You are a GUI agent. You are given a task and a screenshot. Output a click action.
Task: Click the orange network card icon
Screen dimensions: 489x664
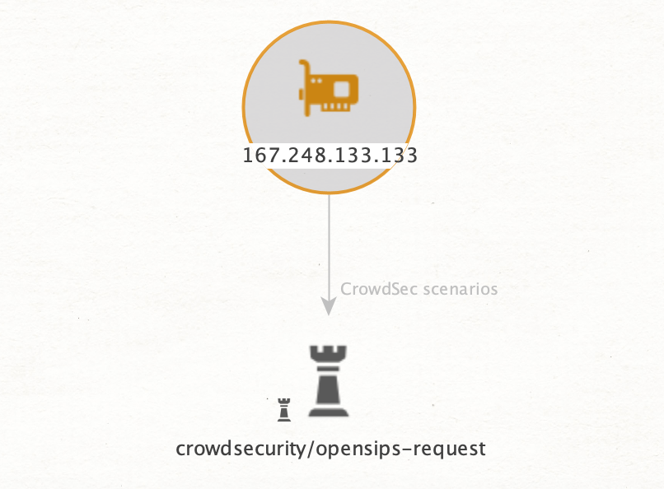tap(329, 88)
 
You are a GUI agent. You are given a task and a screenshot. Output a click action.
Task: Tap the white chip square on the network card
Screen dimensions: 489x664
tap(343, 86)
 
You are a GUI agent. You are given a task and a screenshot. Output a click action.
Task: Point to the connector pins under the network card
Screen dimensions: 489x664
tap(335, 107)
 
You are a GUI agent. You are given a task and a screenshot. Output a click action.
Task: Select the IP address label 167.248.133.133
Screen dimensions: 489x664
tap(330, 155)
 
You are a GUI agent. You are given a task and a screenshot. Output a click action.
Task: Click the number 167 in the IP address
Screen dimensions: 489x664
tap(260, 155)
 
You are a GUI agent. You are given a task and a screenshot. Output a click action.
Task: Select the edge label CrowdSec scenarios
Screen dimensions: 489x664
tap(419, 289)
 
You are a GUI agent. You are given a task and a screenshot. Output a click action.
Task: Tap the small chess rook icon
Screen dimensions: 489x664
tap(284, 409)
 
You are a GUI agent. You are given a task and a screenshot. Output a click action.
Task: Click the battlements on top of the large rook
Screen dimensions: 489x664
tap(329, 353)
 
